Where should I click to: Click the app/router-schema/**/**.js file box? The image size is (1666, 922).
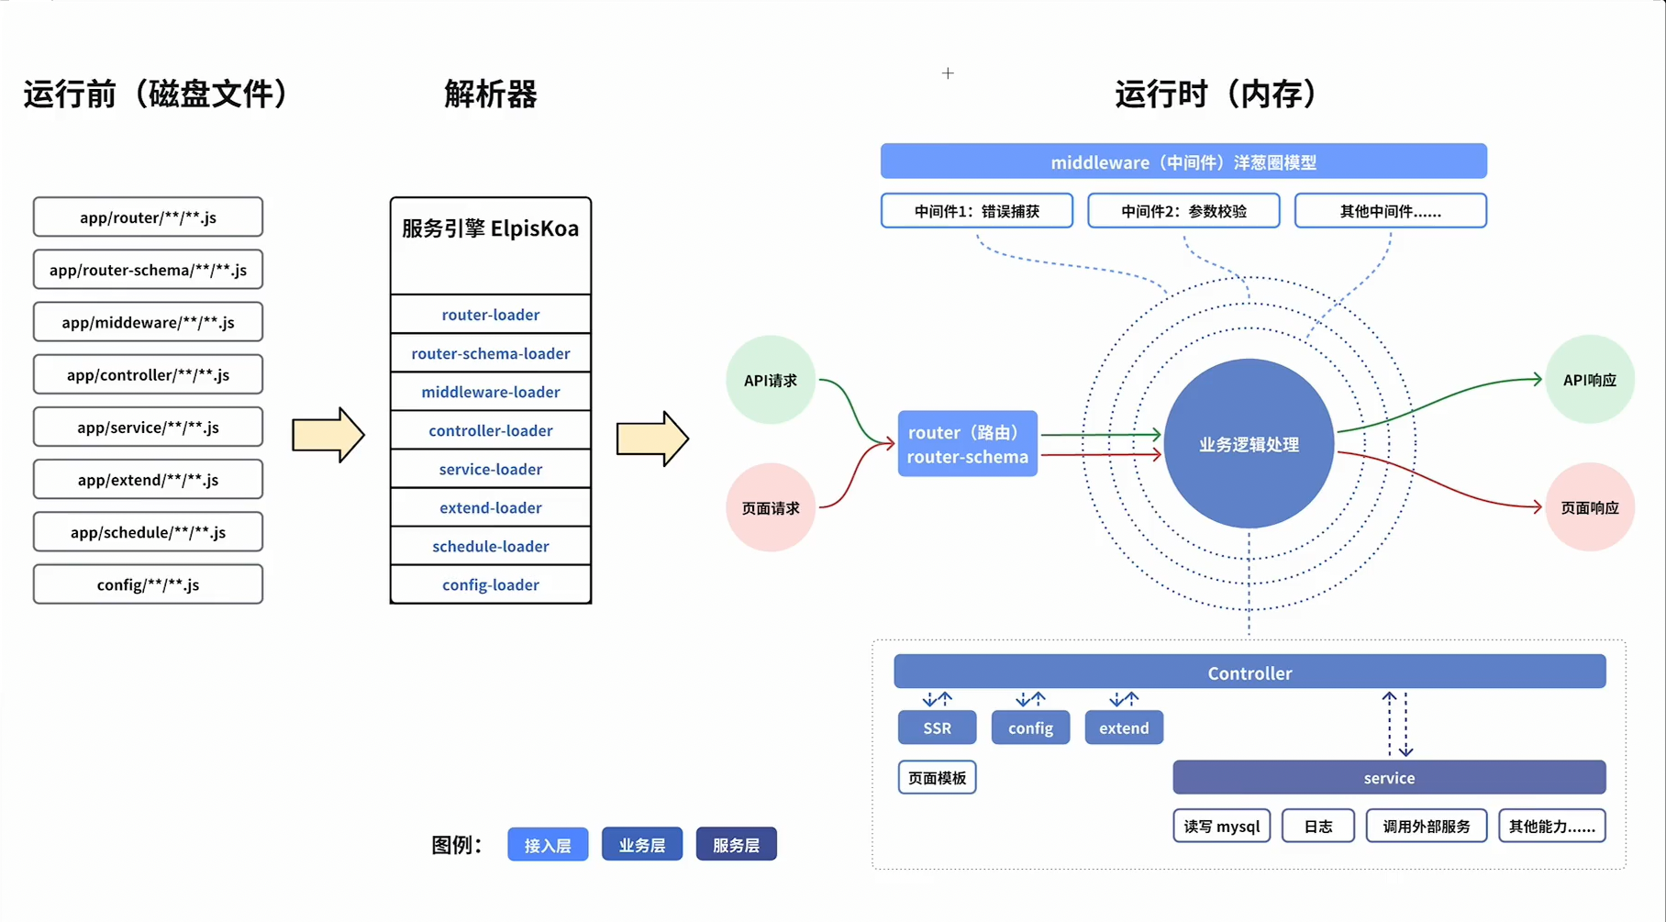click(x=148, y=270)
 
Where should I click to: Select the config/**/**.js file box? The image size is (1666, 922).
click(x=148, y=584)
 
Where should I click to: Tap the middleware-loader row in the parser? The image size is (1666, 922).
click(x=490, y=392)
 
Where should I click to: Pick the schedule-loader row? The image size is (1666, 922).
click(x=490, y=546)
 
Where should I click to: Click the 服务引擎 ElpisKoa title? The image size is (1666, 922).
click(x=490, y=228)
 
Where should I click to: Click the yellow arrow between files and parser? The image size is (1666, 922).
click(x=328, y=435)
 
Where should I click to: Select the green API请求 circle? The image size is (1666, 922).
click(x=770, y=380)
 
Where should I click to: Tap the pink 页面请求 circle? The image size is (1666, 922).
click(x=770, y=507)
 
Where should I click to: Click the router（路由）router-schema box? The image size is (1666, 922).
click(x=967, y=444)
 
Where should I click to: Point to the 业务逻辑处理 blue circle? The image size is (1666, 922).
click(x=1248, y=444)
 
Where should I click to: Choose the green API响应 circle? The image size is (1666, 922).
click(x=1589, y=380)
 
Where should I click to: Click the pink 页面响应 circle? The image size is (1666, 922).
click(x=1589, y=507)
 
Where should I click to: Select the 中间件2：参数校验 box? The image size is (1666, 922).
click(x=1183, y=211)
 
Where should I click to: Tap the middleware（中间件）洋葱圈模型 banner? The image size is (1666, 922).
click(x=1183, y=161)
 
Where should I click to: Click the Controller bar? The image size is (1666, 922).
click(x=1249, y=672)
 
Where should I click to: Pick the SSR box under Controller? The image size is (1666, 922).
click(x=937, y=728)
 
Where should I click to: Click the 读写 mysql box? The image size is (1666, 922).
click(x=1221, y=826)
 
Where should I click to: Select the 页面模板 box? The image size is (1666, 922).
click(x=937, y=778)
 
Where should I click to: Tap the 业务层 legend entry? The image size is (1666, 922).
click(x=641, y=845)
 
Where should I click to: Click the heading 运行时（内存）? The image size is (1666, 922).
click(x=1216, y=94)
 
